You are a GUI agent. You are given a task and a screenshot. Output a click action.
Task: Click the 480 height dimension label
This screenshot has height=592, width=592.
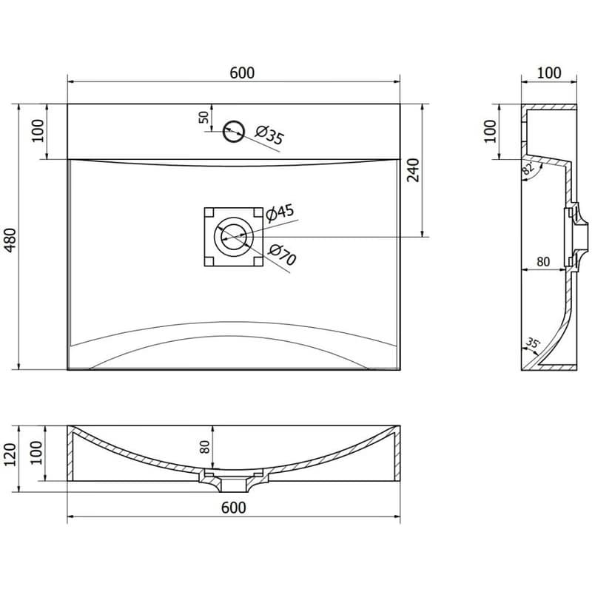pos(10,240)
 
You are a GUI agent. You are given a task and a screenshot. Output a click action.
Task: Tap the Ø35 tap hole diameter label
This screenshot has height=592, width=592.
pos(269,135)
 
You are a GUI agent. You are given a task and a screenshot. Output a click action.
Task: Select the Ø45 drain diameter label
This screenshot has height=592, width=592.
pos(280,213)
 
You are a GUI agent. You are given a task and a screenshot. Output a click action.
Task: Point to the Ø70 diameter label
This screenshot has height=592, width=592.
pos(282,255)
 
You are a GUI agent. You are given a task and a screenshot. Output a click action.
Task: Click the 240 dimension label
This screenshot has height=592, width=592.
pos(413,170)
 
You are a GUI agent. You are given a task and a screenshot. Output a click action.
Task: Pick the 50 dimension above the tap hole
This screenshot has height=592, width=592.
pos(203,117)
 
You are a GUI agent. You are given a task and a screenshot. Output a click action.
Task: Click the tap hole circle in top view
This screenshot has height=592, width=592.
pos(233,132)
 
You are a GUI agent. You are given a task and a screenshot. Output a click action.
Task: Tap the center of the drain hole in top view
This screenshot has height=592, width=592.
pos(234,237)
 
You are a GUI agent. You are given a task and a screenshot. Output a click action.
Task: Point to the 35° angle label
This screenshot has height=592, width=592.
pos(533,343)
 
